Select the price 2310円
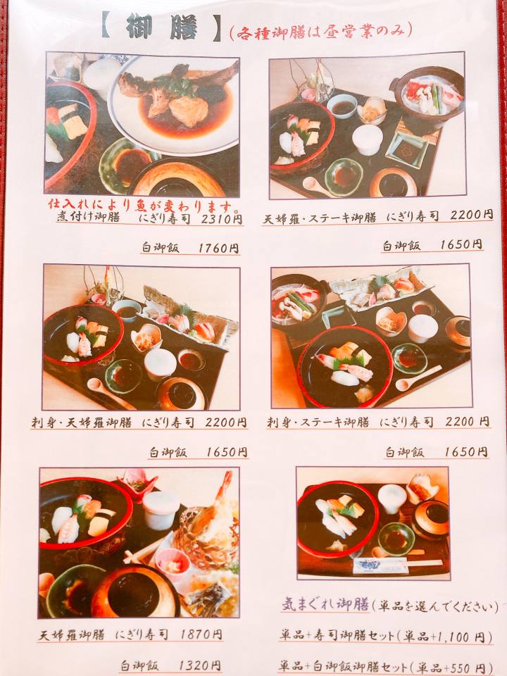point(222,218)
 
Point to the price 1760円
point(218,249)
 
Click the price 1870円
point(202,634)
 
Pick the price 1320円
point(199,665)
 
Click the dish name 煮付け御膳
point(88,218)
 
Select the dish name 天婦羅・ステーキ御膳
point(320,218)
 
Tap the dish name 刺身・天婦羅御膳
point(82,423)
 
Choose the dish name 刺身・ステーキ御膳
point(318,422)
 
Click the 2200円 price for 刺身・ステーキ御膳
point(468,421)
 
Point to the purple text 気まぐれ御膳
point(325,605)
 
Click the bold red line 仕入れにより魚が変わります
point(140,205)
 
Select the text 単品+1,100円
point(445,637)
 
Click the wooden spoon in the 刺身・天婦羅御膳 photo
point(111,394)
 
